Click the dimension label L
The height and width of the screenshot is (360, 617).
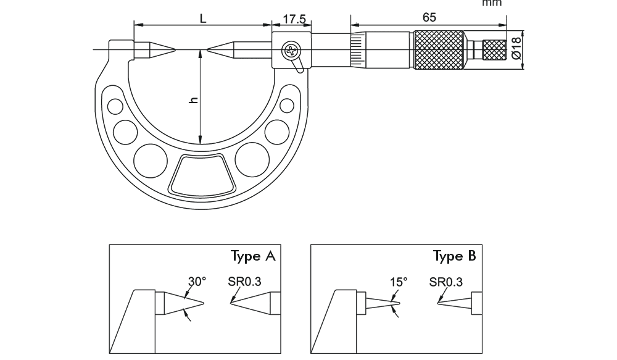pos(202,18)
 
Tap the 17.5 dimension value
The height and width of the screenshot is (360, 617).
pos(294,19)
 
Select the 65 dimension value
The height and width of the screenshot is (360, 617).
pos(429,17)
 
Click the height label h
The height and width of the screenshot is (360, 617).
pos(194,100)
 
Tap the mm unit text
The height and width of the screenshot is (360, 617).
pos(492,3)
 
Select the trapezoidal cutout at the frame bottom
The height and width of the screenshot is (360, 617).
pos(202,175)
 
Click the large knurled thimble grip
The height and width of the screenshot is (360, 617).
pos(439,49)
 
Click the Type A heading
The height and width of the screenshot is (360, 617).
pos(253,256)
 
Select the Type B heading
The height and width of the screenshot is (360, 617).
pos(455,256)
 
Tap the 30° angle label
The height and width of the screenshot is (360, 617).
pos(197,282)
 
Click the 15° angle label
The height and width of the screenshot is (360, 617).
pos(399,282)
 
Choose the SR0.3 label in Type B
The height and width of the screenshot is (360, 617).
pos(445,282)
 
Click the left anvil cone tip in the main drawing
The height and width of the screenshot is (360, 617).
pos(173,49)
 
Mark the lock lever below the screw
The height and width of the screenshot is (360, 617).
pos(299,64)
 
